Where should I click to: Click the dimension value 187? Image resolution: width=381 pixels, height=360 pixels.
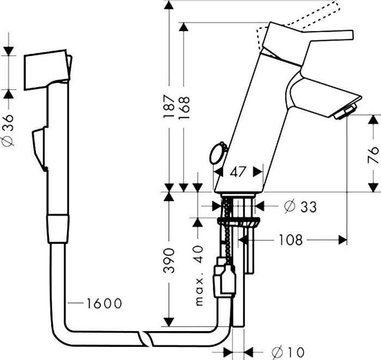[x=169, y=107]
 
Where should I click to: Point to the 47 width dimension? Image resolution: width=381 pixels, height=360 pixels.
[x=237, y=172]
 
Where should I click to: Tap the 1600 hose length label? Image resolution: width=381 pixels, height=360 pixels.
[x=103, y=303]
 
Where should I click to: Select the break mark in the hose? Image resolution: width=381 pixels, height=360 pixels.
[x=145, y=338]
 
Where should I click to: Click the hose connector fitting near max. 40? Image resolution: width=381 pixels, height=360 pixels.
[x=224, y=277]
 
